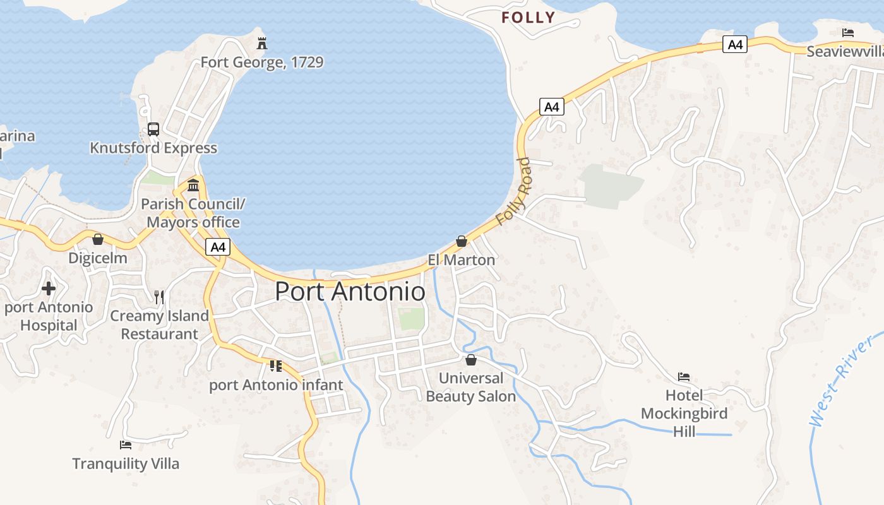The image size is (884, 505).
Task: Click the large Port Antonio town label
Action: [x=350, y=292]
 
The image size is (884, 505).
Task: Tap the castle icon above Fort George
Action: [x=262, y=43]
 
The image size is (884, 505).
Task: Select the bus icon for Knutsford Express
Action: [x=153, y=129]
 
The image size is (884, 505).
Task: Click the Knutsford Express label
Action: [x=153, y=148]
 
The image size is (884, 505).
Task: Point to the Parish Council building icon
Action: [x=193, y=186]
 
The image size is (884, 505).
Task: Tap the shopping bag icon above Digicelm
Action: [x=98, y=239]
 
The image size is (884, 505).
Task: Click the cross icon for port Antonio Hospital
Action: [x=49, y=289]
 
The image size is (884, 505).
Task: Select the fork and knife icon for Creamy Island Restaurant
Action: [x=159, y=297]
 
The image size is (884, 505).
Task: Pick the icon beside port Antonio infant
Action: [x=275, y=365]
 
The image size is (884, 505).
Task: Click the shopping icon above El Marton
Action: [x=462, y=241]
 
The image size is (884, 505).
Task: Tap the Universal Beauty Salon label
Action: [x=471, y=387]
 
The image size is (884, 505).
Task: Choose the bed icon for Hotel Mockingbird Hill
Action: [x=684, y=377]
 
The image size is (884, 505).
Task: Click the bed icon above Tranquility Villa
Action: [x=126, y=445]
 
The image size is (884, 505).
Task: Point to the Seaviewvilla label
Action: [x=845, y=52]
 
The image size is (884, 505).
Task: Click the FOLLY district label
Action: [x=528, y=18]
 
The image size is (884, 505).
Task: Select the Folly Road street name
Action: [x=513, y=191]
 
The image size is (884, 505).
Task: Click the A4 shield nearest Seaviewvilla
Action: [x=736, y=44]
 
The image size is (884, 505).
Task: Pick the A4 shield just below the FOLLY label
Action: [x=552, y=107]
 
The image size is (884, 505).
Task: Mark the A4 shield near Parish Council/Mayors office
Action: [x=218, y=247]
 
